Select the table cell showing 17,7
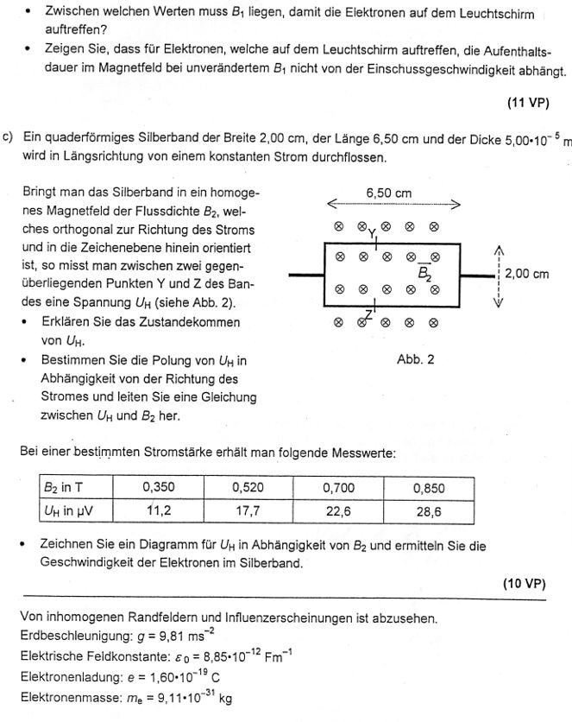click(248, 510)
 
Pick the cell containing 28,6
click(429, 510)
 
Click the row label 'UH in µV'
click(71, 510)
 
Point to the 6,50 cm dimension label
click(389, 193)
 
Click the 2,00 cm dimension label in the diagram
click(527, 274)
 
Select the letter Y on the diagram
click(372, 234)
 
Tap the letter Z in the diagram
click(369, 313)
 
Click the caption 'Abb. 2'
click(415, 359)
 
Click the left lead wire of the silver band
click(305, 276)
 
